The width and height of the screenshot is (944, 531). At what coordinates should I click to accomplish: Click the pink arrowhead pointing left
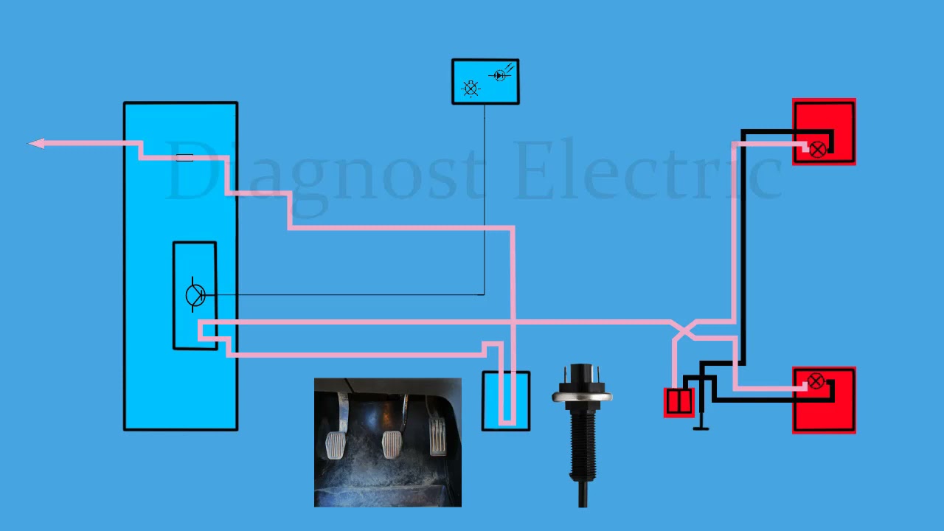[36, 144]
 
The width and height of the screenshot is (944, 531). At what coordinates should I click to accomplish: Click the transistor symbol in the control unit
[195, 294]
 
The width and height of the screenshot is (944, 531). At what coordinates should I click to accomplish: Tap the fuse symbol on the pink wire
[184, 158]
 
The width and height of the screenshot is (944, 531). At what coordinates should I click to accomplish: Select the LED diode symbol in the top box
[500, 75]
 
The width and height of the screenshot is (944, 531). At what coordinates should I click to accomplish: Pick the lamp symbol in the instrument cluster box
[471, 88]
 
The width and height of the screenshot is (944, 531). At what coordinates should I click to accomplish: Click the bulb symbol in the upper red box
[818, 150]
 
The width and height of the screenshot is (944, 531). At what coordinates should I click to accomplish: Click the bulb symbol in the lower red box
[816, 381]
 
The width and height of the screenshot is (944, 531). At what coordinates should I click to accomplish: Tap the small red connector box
[679, 403]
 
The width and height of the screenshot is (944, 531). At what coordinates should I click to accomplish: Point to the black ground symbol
[701, 421]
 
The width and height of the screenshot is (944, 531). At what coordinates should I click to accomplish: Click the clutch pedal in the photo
[336, 442]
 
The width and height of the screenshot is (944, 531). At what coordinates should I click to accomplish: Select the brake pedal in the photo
[392, 442]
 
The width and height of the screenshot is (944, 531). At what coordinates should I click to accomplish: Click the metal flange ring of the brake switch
[582, 397]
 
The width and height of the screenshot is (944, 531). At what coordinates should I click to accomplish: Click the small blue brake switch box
[506, 400]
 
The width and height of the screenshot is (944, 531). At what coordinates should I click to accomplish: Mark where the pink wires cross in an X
[684, 330]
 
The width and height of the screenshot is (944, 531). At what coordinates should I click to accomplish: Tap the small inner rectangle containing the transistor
[195, 296]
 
